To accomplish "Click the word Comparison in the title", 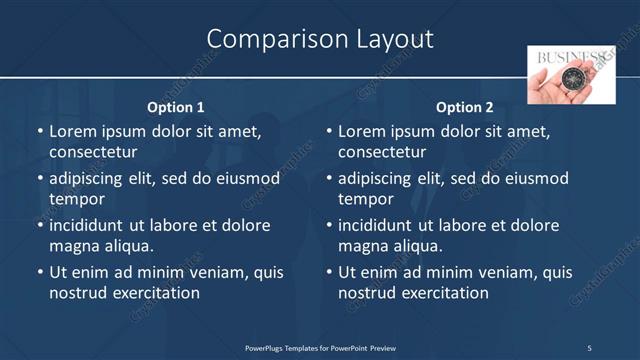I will coord(268,39).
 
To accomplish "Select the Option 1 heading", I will coord(176,107).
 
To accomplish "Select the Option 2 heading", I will coord(465,107).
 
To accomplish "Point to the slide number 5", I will coord(589,348).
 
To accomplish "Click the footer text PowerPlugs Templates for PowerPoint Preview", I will coord(320,348).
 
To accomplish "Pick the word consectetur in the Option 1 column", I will coord(93,153).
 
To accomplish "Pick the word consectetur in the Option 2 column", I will coord(382,153).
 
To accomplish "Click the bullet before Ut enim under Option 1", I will coord(39,272).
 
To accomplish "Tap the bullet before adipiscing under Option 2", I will coord(328,179).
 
